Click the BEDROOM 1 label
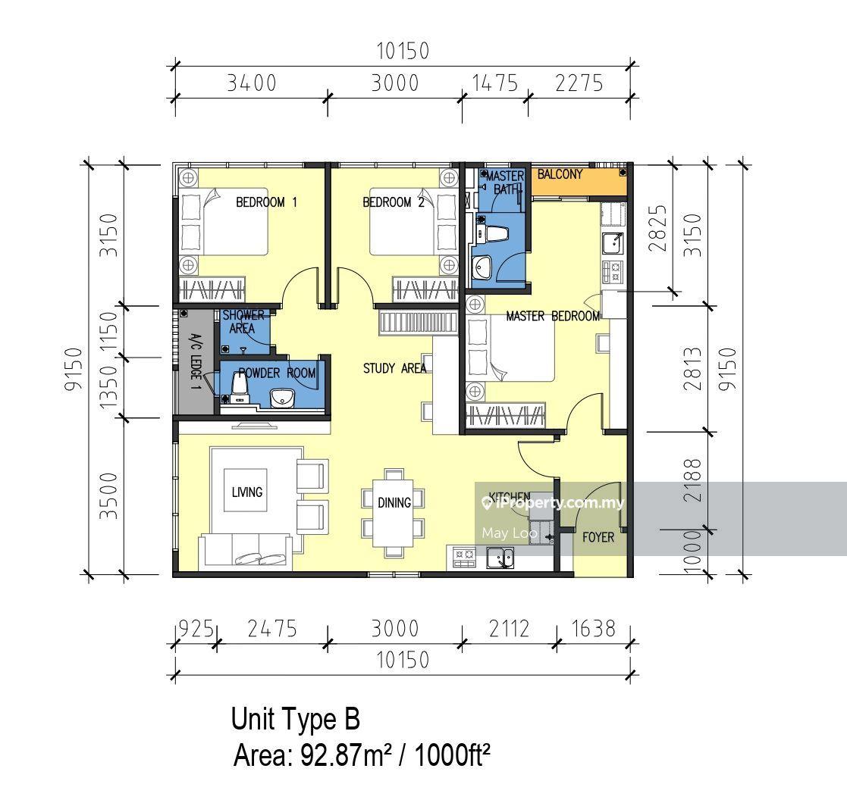[266, 202]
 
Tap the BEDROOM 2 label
[394, 202]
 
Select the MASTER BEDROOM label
[553, 316]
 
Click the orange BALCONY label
[560, 174]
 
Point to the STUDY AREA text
[394, 369]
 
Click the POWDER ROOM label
[277, 373]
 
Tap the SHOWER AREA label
[243, 322]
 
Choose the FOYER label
[598, 538]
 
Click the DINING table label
[394, 503]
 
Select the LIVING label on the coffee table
[247, 492]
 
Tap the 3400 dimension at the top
[251, 83]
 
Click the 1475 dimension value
[495, 83]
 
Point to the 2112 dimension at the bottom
[509, 629]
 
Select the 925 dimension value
[196, 629]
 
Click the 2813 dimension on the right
[692, 369]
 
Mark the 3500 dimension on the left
[108, 496]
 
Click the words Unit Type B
[296, 719]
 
